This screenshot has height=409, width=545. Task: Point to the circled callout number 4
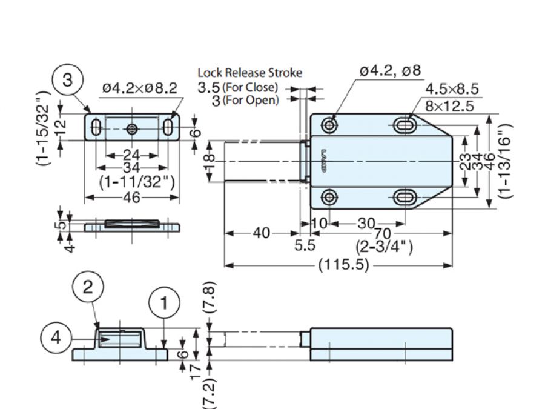tap(56, 338)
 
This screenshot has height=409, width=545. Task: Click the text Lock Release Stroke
tap(249, 73)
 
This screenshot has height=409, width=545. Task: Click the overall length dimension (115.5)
tap(343, 265)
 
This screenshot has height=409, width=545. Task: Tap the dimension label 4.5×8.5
tap(452, 90)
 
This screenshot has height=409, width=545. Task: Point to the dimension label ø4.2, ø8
tap(389, 71)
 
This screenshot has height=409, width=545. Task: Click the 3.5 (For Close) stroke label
tap(238, 87)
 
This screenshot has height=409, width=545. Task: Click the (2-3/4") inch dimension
tap(384, 247)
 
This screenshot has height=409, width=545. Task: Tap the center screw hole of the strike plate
tap(132, 128)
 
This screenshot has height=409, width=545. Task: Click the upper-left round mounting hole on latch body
tap(329, 125)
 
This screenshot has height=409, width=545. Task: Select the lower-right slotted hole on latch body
tap(405, 198)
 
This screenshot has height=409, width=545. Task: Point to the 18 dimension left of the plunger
tap(208, 162)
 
